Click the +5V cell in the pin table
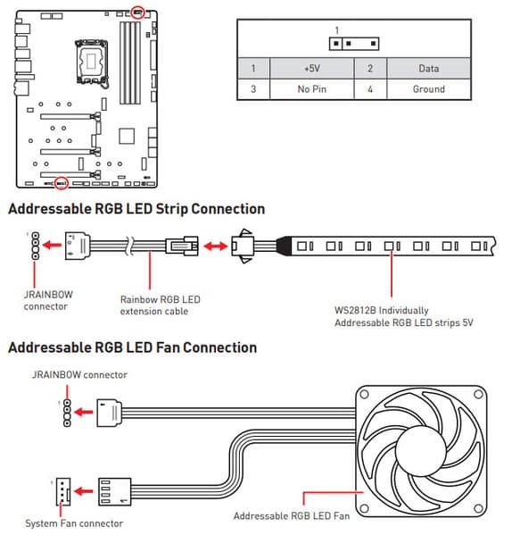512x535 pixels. coord(311,69)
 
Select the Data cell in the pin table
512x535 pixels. coord(428,69)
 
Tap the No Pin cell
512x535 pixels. coord(311,89)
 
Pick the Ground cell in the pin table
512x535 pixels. coord(428,89)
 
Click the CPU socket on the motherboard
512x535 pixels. coord(91,63)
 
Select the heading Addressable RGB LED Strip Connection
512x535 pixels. coord(136,209)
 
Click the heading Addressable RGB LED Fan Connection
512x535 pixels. coord(133,347)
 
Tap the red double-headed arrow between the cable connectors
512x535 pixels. coord(215,246)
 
